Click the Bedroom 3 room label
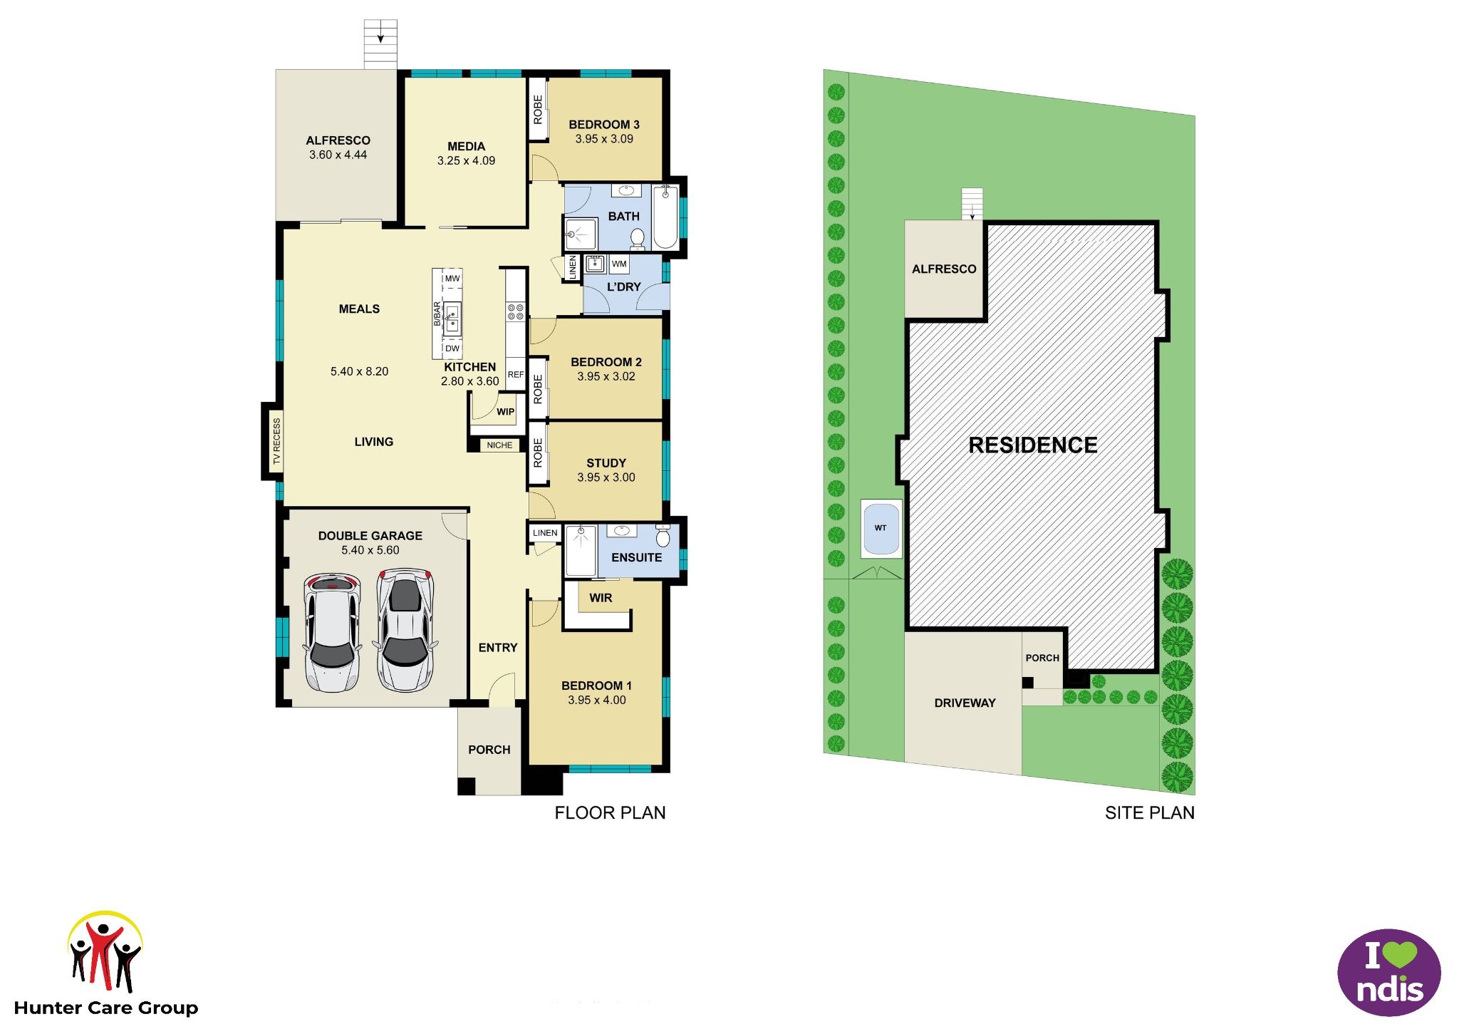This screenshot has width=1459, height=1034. pos(603,125)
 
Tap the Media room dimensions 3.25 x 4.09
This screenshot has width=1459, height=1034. pos(466,161)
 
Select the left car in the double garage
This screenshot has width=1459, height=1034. pos(331,632)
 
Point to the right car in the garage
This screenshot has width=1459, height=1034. pos(405,630)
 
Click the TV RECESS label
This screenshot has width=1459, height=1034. pos(277,442)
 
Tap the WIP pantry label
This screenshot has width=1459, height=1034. pos(505,412)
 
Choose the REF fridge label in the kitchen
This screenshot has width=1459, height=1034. pos(515,375)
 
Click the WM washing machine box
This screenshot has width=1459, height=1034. pos(619,264)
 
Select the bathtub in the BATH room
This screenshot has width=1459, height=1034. pos(665,217)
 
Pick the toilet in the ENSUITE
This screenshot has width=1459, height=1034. pos(663,536)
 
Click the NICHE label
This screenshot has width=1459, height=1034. pos(499,445)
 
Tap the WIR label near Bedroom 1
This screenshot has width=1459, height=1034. pos(601,598)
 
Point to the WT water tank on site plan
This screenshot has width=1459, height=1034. pos(881,528)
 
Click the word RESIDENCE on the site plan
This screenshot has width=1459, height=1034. pos(1033,445)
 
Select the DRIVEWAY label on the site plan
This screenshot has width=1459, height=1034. pos(965,703)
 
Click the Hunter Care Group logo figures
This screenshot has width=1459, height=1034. pos(105,954)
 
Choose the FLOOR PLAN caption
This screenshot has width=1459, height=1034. pos(610,813)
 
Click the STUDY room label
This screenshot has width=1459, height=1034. pos(606,463)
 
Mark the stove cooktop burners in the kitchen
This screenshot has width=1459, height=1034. pos(515,311)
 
